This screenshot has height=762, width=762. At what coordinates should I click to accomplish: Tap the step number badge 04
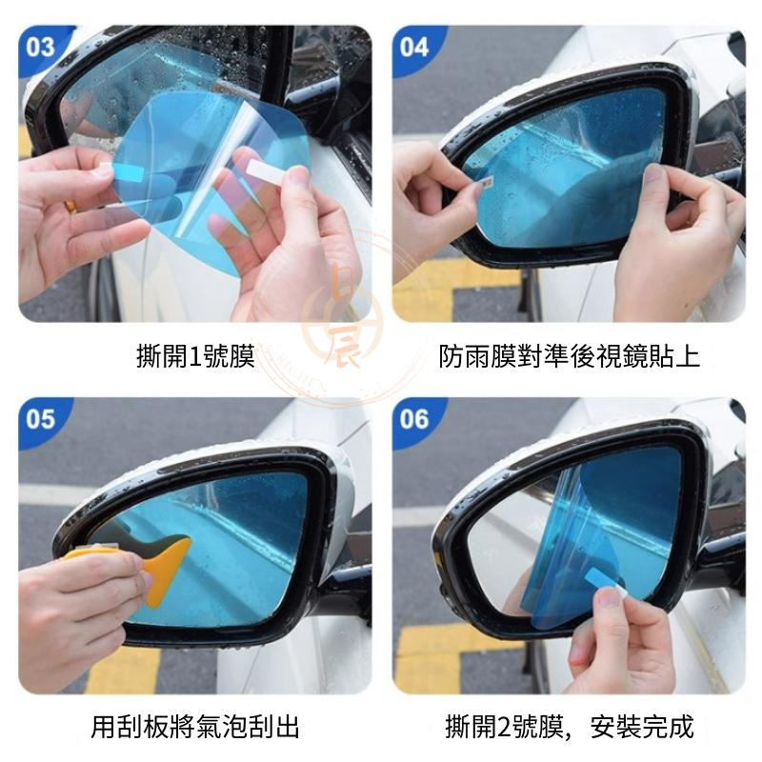tap(414, 47)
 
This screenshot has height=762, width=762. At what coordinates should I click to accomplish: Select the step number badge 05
tap(41, 419)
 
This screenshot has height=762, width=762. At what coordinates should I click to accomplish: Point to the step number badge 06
tap(414, 419)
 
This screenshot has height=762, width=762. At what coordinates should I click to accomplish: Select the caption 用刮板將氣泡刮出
tap(195, 729)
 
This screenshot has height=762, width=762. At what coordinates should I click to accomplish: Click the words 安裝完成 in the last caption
tap(642, 729)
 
